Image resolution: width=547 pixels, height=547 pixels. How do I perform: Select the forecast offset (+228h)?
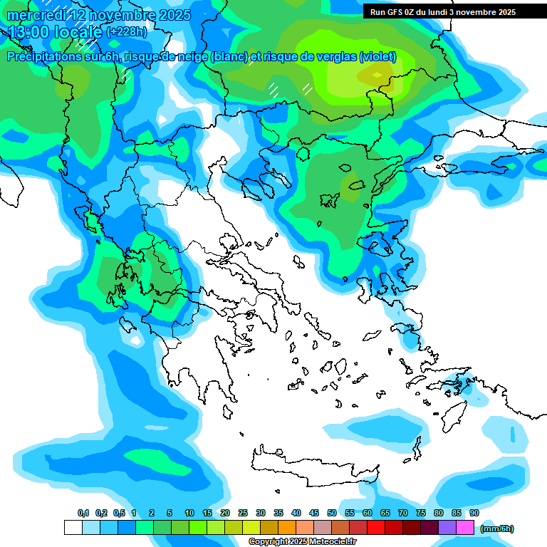coord(126,32)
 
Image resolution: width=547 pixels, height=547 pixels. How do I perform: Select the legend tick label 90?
coord(474,513)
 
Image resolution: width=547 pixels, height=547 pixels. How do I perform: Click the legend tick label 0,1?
coord(83,513)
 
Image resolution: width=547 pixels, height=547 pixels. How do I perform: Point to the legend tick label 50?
coord(332,513)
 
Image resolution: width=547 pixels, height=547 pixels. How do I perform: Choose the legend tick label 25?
coord(243,513)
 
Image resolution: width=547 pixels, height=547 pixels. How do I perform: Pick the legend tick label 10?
coord(189,513)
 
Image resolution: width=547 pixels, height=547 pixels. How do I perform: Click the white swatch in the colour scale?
coord(73,527)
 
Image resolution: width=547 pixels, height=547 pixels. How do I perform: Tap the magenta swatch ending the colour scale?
coord(465,527)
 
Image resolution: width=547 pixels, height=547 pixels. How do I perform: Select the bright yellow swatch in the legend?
coord(251,527)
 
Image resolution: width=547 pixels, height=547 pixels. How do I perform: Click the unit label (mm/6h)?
coord(497,528)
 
